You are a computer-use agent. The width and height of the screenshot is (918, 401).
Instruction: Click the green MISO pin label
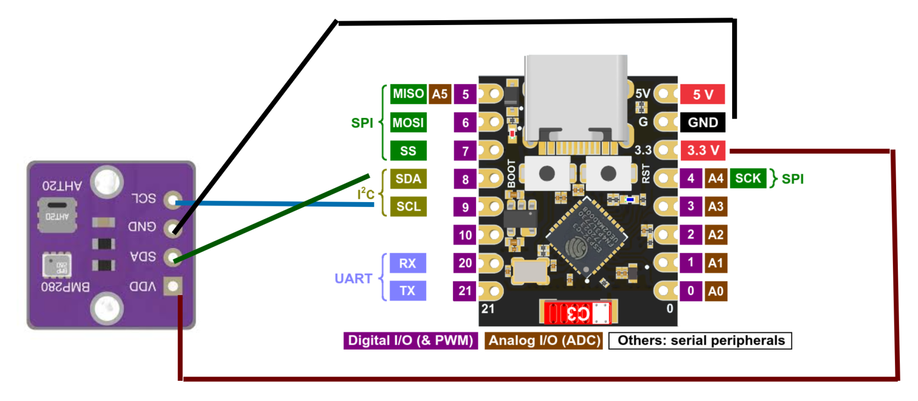pyautogui.click(x=408, y=94)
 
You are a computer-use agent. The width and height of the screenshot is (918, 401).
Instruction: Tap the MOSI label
pyautogui.click(x=408, y=122)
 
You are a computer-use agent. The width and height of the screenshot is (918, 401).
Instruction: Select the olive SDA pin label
pyautogui.click(x=408, y=179)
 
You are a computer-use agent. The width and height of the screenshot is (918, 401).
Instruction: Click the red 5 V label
pyautogui.click(x=703, y=95)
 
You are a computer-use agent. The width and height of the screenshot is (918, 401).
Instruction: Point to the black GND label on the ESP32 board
pyautogui.click(x=703, y=122)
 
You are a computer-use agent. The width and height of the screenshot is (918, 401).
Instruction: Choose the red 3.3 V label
pyautogui.click(x=703, y=150)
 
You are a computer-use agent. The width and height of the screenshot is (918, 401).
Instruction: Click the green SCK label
pyautogui.click(x=748, y=178)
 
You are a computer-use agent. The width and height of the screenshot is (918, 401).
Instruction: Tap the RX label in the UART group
pyautogui.click(x=408, y=263)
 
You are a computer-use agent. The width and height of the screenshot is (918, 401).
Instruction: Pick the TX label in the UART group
pyautogui.click(x=408, y=291)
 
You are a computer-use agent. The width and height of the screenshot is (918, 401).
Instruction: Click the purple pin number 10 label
pyautogui.click(x=465, y=235)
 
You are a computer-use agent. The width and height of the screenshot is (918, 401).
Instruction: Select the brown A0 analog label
pyautogui.click(x=715, y=291)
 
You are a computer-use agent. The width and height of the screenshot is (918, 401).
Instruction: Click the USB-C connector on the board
pyautogui.click(x=576, y=98)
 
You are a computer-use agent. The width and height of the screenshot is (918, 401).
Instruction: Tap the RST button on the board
pyautogui.click(x=608, y=174)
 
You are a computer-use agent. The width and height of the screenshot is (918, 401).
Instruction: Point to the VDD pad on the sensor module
pyautogui.click(x=173, y=286)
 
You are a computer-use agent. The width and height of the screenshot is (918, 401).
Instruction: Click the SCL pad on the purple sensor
pyautogui.click(x=173, y=199)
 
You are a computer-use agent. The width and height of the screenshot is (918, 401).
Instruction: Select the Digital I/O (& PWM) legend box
pyautogui.click(x=410, y=340)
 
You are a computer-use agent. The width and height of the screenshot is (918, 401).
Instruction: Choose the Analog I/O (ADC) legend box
pyautogui.click(x=544, y=340)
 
